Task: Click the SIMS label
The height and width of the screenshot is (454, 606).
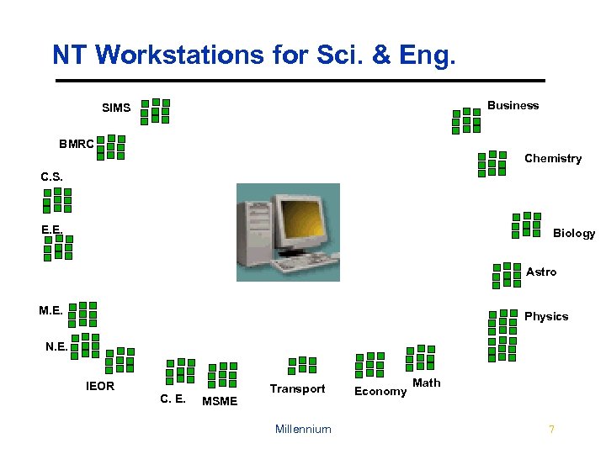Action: (x=116, y=108)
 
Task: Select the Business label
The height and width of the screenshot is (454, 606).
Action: (x=513, y=105)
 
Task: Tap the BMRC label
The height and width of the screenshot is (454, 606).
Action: (x=77, y=144)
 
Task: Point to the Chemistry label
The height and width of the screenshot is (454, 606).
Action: (x=552, y=158)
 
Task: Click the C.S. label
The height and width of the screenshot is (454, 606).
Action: (x=51, y=177)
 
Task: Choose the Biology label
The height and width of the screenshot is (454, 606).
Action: (x=573, y=233)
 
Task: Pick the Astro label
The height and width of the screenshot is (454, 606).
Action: (x=541, y=272)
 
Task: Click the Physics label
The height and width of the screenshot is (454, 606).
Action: (x=546, y=316)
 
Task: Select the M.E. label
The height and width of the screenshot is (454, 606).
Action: (x=50, y=310)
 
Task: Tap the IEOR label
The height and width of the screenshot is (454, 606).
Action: (x=100, y=387)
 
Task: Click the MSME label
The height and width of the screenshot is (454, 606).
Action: (x=220, y=401)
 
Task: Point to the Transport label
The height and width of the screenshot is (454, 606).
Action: (x=297, y=388)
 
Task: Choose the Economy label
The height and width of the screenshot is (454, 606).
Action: (x=380, y=391)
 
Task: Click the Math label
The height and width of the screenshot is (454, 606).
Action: (x=427, y=383)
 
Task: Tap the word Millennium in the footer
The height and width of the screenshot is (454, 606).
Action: (x=303, y=429)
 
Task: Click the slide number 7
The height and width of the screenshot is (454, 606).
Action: (x=551, y=429)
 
